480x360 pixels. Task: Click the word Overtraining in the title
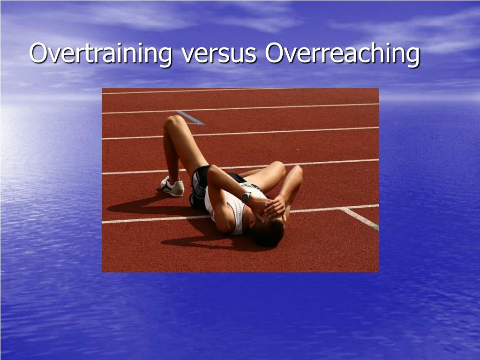point(101,53)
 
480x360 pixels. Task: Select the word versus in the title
point(219,53)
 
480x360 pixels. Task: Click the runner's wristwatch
point(246,197)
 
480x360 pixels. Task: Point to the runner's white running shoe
point(172,186)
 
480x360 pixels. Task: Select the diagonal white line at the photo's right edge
point(360,218)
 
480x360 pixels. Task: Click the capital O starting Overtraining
point(38,53)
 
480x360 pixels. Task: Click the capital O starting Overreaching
point(274,53)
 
